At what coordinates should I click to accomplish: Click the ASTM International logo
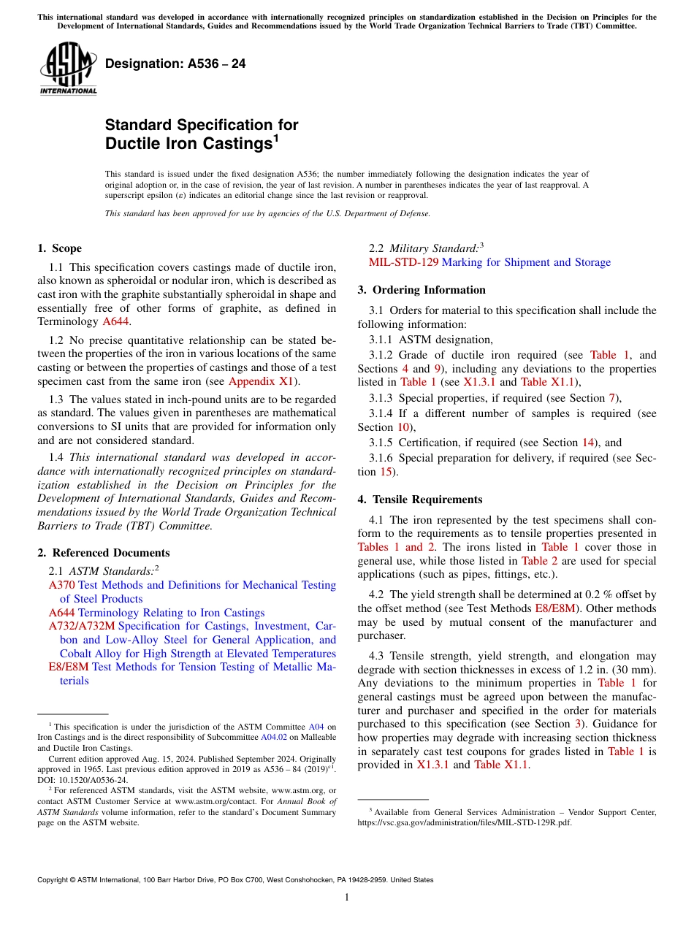(x=68, y=68)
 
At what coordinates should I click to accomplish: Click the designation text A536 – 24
(x=175, y=64)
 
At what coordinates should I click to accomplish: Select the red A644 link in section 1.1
(x=115, y=321)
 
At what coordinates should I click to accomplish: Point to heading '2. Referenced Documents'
(x=103, y=553)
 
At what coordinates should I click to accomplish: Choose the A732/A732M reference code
(x=82, y=626)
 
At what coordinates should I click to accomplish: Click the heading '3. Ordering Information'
(x=421, y=290)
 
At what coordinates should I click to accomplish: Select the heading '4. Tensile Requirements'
(x=419, y=500)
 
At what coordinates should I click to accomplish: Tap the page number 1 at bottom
(x=347, y=898)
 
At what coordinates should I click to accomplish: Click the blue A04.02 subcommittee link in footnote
(x=270, y=738)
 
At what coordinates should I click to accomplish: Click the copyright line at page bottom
(x=235, y=880)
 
